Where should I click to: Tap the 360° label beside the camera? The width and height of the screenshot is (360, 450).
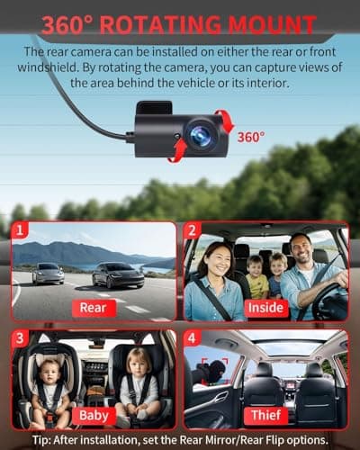point(251,137)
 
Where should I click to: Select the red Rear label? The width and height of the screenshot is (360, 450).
point(94,308)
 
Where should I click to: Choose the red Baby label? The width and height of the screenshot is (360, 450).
point(94,417)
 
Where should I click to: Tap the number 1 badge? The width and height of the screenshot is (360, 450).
point(20,230)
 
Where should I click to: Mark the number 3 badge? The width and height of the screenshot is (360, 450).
point(20,339)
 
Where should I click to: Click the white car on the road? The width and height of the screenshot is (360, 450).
point(48,273)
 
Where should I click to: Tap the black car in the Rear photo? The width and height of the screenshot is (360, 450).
point(119,274)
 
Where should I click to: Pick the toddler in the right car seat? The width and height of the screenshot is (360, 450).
point(139,378)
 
